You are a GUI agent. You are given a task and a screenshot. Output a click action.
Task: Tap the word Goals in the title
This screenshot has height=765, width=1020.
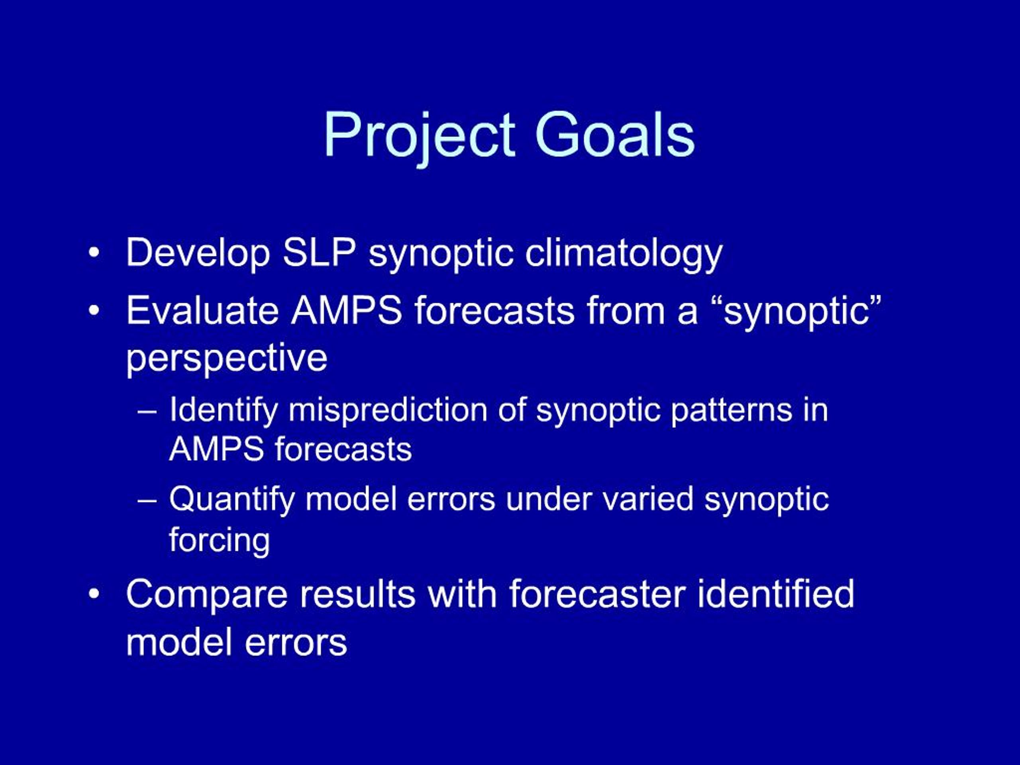coord(615,134)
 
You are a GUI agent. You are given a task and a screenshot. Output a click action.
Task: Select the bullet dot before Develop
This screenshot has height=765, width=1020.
coord(94,253)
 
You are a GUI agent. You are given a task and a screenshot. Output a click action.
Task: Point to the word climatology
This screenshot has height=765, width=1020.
coord(624,254)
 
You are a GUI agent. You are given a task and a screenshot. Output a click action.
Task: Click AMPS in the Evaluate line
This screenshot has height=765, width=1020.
coord(346,310)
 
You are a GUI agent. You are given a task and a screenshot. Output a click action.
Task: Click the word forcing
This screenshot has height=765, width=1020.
coord(220,540)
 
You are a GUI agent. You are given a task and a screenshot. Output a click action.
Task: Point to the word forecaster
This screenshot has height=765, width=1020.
coord(597,594)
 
